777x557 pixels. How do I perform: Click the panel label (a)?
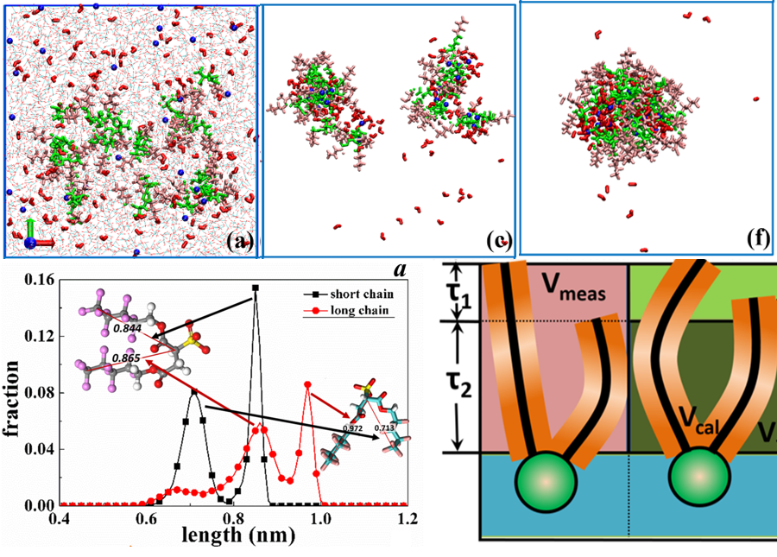238,242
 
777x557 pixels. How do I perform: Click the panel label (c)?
499,239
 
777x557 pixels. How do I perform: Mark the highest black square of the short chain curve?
255,288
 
